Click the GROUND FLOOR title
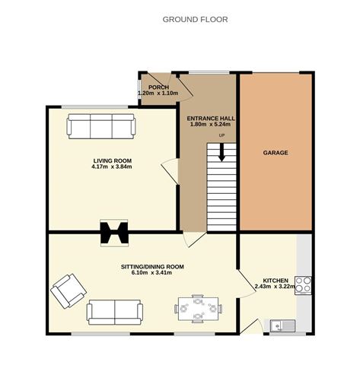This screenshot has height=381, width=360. (195, 20)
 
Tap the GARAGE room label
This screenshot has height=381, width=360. (276, 153)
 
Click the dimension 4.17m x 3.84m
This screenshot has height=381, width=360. (112, 167)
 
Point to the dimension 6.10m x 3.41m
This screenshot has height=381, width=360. (151, 273)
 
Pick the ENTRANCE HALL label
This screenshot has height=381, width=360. (211, 119)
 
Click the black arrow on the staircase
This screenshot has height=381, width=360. (222, 152)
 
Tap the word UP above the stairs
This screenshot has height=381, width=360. (221, 135)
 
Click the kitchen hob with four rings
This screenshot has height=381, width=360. (303, 285)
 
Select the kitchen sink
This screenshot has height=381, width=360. (282, 325)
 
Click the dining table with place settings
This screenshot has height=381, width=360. (198, 309)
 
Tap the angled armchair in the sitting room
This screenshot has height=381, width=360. (68, 291)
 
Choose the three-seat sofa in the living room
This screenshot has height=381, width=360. (101, 126)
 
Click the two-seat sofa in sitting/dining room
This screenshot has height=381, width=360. (115, 312)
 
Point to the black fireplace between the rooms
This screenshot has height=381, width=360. (114, 233)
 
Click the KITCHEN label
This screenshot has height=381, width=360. (276, 281)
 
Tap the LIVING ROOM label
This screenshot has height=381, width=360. (113, 160)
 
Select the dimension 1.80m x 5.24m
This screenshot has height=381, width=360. (211, 124)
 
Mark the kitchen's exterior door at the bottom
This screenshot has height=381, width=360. (250, 327)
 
